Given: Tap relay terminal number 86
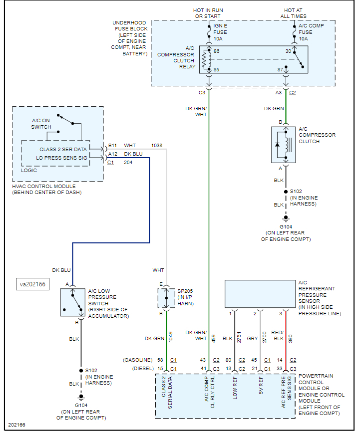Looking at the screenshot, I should [217, 51].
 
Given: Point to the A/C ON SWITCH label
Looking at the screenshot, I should [41, 124].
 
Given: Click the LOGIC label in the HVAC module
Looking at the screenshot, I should [29, 170].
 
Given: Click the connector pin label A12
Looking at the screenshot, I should [113, 154].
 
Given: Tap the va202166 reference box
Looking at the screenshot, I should [32, 284].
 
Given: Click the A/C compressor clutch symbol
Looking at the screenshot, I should [285, 144].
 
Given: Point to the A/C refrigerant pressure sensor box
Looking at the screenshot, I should [260, 293].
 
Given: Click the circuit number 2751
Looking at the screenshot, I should [239, 338].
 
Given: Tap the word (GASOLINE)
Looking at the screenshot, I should [138, 360].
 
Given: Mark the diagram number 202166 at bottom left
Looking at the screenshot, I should [16, 425].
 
